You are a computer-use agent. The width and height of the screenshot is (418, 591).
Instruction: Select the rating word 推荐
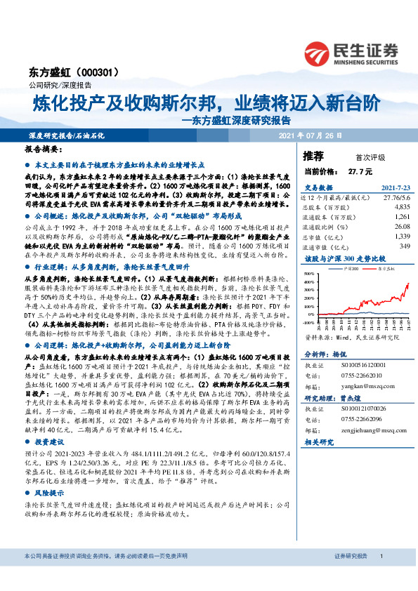(313, 155)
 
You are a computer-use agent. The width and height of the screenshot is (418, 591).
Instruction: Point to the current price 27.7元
(358, 171)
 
